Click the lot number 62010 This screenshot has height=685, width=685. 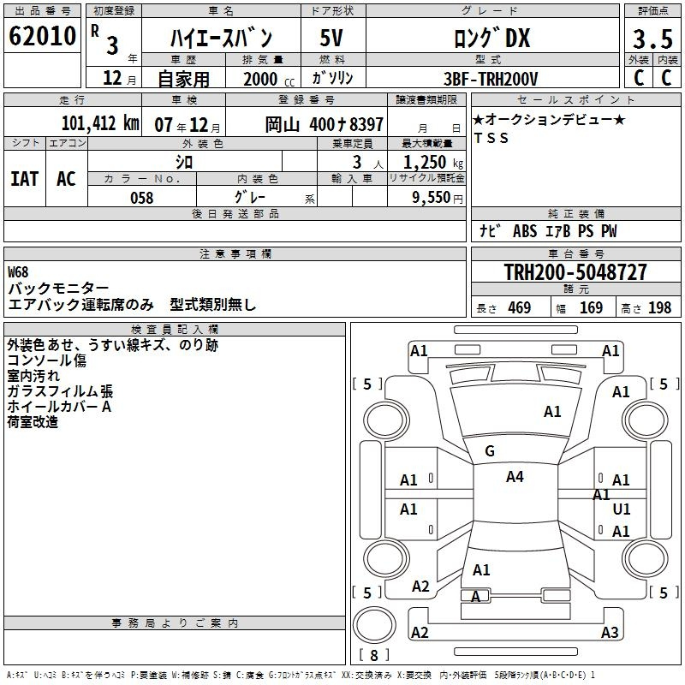(42, 36)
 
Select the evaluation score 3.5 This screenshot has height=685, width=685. (652, 39)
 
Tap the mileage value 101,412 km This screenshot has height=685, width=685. (100, 123)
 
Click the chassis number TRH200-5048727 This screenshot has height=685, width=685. (575, 271)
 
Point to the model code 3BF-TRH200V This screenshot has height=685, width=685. (491, 79)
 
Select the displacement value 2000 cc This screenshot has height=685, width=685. (269, 80)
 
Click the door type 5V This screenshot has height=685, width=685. (331, 38)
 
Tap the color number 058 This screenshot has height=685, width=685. (142, 198)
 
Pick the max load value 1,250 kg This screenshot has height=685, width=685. (433, 163)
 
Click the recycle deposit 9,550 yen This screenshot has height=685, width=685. (438, 198)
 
